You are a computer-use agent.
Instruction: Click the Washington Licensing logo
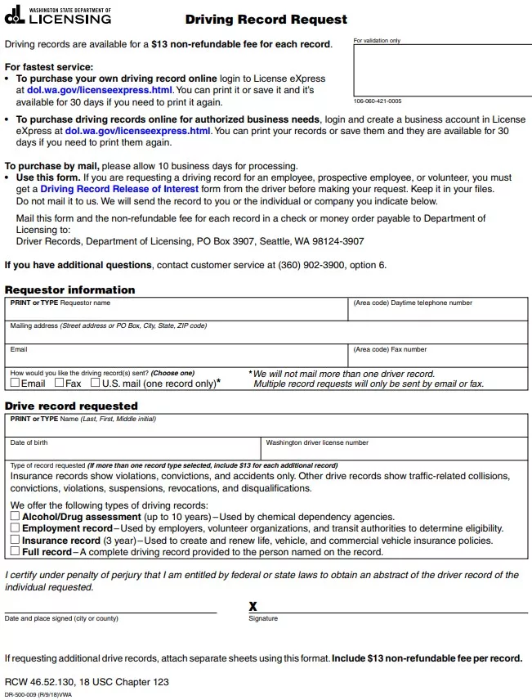pos(57,16)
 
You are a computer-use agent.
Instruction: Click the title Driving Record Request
pos(266,19)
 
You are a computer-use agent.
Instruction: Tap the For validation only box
pos(440,70)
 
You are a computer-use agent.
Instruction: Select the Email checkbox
pos(16,383)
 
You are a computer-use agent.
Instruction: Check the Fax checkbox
pos(60,383)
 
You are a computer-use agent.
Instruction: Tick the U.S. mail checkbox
pos(96,383)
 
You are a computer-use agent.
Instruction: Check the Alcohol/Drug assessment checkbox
pos(16,517)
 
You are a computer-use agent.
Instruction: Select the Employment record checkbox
pos(16,528)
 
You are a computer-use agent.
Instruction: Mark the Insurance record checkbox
pos(16,541)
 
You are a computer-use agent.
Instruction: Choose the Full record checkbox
pos(16,552)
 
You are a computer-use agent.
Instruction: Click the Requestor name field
pos(177,312)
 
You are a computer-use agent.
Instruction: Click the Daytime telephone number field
pos(438,312)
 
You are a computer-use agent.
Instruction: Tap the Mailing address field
pos(266,335)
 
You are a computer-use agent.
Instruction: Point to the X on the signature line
pos(253,606)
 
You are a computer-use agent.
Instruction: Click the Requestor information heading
pos(70,289)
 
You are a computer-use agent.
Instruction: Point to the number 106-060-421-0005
pos(378,101)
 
